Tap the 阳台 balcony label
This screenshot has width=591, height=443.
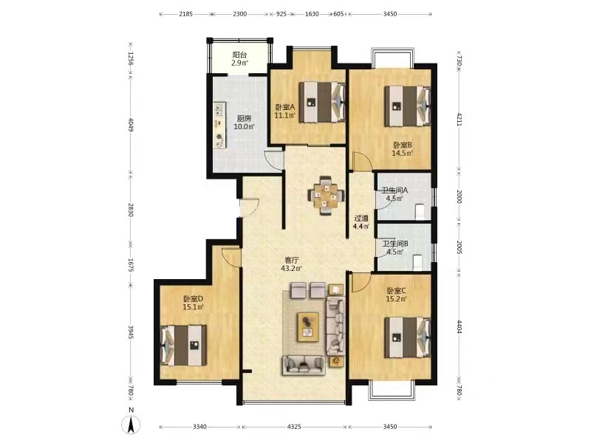pyautogui.click(x=239, y=55)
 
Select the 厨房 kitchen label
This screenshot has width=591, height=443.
pyautogui.click(x=245, y=118)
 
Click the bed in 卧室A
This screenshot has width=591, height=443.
pyautogui.click(x=322, y=102)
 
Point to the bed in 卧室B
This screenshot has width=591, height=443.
pyautogui.click(x=408, y=106)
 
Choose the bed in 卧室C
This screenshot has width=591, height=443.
pyautogui.click(x=408, y=337)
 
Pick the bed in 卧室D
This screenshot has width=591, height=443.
pyautogui.click(x=183, y=346)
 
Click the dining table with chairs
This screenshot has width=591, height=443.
pyautogui.click(x=327, y=196)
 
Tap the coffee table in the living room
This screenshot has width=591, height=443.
pyautogui.click(x=308, y=327)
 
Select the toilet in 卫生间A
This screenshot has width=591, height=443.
pyautogui.click(x=419, y=211)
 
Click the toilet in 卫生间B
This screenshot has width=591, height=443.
pyautogui.click(x=418, y=262)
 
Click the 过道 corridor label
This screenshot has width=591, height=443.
pyautogui.click(x=361, y=218)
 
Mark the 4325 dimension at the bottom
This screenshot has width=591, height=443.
pyautogui.click(x=294, y=427)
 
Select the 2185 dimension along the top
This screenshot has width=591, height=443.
pyautogui.click(x=185, y=14)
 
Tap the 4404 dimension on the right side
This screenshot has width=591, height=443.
pyautogui.click(x=459, y=326)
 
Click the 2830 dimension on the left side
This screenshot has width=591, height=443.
pyautogui.click(x=131, y=210)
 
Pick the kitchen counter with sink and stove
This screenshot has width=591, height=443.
pyautogui.click(x=219, y=125)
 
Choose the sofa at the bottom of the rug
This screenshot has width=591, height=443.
pyautogui.click(x=304, y=365)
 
